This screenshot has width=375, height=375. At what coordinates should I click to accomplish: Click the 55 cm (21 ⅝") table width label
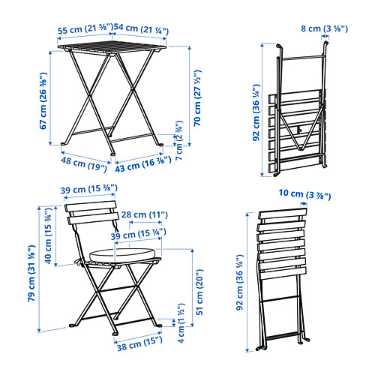[x=85, y=28]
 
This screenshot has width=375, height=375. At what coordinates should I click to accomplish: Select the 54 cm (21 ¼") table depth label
[x=141, y=28]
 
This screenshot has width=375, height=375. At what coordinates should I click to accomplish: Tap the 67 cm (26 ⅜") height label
[x=43, y=100]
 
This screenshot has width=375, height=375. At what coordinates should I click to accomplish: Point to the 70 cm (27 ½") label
[x=197, y=98]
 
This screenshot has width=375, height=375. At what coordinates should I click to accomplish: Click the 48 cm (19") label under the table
[x=84, y=164]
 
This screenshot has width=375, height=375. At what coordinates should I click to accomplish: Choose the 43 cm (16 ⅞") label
[x=143, y=164]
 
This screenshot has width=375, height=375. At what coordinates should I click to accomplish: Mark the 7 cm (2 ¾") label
[x=179, y=140]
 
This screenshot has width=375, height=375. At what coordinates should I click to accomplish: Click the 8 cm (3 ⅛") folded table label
[x=324, y=28]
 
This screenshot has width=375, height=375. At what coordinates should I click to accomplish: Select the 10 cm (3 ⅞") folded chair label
[x=304, y=194]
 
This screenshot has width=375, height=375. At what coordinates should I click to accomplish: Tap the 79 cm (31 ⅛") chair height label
[x=31, y=273]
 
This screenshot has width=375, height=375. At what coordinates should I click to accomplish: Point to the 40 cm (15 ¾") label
[x=48, y=235]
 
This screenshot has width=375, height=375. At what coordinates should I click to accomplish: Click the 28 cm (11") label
[x=145, y=214]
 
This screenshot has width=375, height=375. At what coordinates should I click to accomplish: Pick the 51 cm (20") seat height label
[x=199, y=292]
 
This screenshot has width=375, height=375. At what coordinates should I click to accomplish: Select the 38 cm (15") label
[x=139, y=344]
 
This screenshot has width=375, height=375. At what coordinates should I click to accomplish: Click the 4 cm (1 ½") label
[x=181, y=323]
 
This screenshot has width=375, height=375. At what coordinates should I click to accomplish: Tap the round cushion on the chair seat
[x=122, y=255]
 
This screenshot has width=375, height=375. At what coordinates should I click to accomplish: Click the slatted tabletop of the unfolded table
[x=112, y=48]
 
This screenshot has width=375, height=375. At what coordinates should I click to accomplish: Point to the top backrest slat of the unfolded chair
[x=91, y=206]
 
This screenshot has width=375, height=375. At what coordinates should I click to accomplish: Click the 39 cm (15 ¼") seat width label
[x=139, y=234]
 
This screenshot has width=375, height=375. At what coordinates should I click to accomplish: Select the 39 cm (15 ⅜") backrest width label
[x=88, y=189]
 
